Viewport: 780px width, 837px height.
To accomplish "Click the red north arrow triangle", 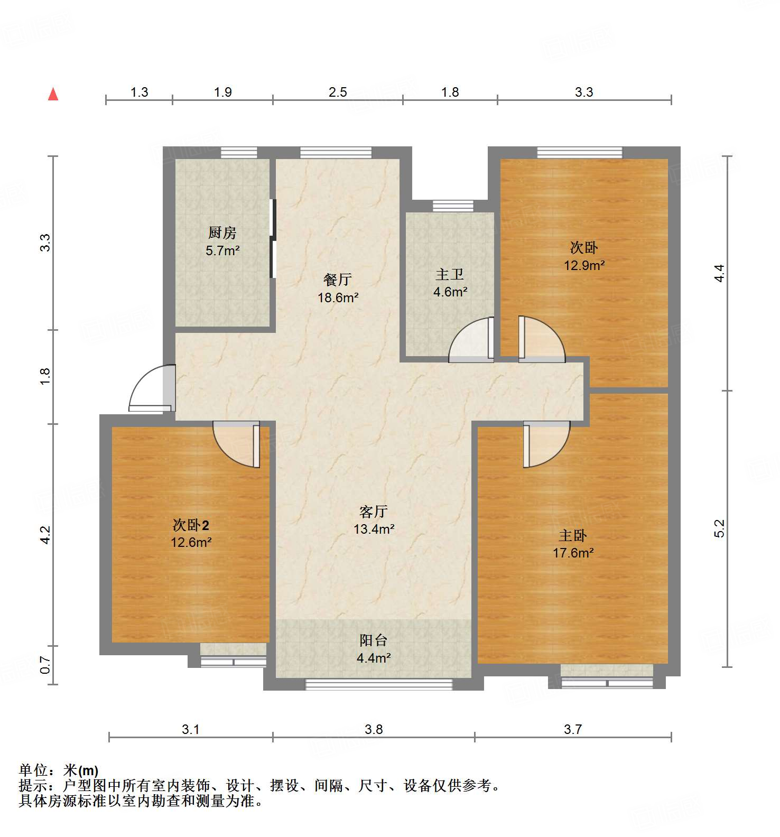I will (x=53, y=94).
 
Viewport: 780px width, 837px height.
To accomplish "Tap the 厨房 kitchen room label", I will (x=222, y=232).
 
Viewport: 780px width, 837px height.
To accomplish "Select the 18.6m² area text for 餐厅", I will (x=338, y=297).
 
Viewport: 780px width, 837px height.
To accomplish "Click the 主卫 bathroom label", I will (x=450, y=274).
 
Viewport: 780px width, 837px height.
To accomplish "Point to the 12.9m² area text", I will (x=584, y=265).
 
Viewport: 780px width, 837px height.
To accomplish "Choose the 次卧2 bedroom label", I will (x=191, y=525).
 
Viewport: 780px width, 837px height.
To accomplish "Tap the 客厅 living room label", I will (x=374, y=511).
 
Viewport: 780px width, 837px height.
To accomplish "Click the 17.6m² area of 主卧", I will (x=573, y=553).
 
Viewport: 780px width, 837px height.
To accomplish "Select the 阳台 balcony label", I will (x=374, y=640).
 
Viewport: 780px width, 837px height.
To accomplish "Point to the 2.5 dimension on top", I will (x=338, y=92).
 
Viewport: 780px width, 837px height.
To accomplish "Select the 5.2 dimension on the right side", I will (x=719, y=528).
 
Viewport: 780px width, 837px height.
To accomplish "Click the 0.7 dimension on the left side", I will (x=45, y=665).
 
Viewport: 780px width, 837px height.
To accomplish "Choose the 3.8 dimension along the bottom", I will (x=374, y=730).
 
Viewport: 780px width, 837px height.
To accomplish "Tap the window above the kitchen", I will (x=239, y=153).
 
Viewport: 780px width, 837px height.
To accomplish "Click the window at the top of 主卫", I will (x=453, y=206).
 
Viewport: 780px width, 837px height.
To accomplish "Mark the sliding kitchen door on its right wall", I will (x=273, y=238).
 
